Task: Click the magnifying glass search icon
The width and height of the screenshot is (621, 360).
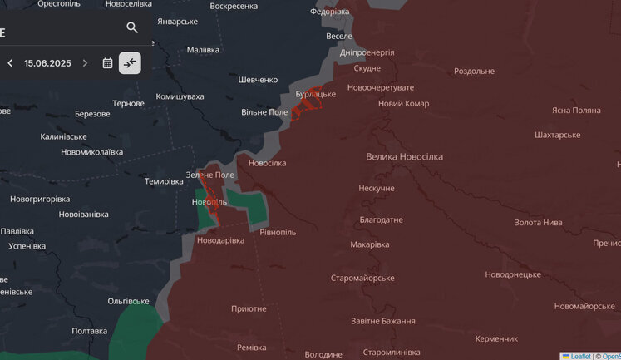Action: pos(132,27)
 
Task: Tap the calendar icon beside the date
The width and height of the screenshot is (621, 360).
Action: pos(107,62)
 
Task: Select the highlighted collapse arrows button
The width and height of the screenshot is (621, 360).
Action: pos(130,62)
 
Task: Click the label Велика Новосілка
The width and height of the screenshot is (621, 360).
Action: pos(404,156)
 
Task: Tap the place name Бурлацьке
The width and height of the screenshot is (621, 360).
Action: pos(316,94)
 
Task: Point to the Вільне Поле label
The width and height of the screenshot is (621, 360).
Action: pos(264,111)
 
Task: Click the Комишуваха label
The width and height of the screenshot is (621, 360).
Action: pos(180,96)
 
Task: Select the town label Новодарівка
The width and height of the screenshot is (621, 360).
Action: pos(220,240)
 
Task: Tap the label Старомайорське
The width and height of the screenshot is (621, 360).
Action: pos(362,278)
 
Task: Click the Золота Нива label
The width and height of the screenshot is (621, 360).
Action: pos(538,222)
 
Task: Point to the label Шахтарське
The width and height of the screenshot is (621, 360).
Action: pos(557,134)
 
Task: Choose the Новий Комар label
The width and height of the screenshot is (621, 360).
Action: pos(403,103)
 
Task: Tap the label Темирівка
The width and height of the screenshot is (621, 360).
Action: pos(164,181)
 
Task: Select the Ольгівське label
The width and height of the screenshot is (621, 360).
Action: pos(128,301)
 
